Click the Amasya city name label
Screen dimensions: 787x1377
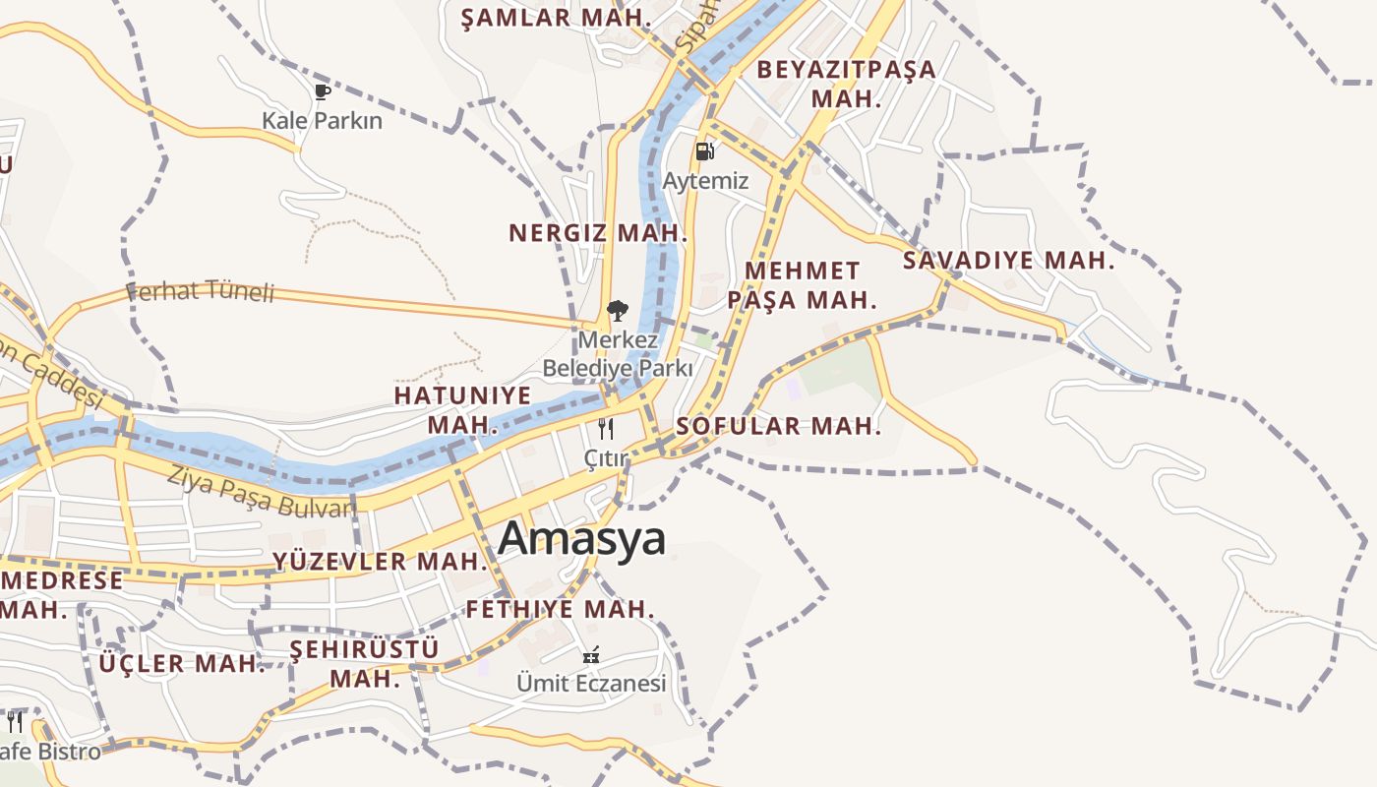point(582,539)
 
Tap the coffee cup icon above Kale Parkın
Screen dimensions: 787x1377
point(322,92)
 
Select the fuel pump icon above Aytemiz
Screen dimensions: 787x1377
point(704,151)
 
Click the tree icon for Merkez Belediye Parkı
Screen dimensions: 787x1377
point(617,312)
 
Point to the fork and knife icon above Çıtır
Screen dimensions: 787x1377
point(606,429)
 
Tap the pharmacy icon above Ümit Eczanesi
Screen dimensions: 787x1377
point(592,654)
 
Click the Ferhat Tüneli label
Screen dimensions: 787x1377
point(200,291)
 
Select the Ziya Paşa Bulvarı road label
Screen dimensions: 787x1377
point(261,492)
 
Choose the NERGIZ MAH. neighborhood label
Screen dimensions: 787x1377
point(598,233)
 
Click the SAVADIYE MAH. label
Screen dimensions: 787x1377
point(1009,261)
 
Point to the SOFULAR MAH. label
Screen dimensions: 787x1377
point(778,427)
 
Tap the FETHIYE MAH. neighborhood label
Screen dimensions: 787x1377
point(560,610)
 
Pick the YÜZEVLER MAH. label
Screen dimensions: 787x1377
point(381,562)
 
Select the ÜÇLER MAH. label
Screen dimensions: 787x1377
point(182,664)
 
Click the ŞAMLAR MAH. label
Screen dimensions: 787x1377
point(557,17)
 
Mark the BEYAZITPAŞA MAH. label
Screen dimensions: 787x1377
point(846,84)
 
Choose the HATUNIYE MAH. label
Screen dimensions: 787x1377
point(462,409)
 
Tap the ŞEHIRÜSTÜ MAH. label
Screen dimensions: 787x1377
point(365,663)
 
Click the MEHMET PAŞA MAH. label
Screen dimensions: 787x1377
point(803,285)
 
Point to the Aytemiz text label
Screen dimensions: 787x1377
point(705,181)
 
